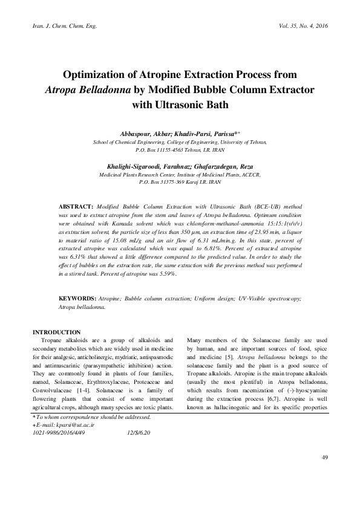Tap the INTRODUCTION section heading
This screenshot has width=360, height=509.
[56, 332]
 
